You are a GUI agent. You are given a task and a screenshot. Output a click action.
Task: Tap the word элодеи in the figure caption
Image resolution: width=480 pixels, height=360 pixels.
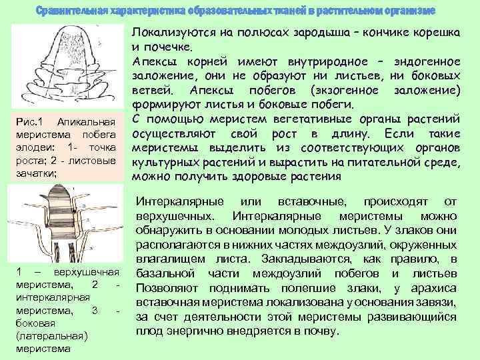tap(31, 147)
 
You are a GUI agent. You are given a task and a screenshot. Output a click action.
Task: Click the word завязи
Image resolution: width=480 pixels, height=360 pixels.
tap(438, 303)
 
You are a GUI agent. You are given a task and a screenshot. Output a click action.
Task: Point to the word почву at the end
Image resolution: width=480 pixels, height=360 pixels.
tap(318, 331)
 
